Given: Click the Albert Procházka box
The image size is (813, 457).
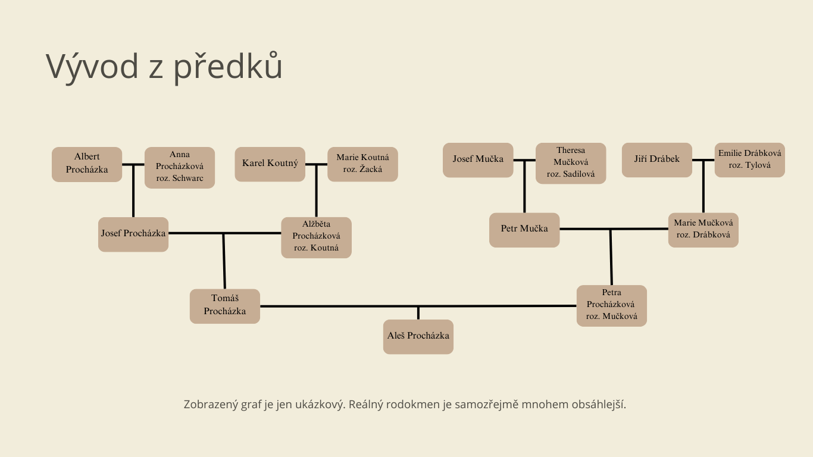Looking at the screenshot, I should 87,164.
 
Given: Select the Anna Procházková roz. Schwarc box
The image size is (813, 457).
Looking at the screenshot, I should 180,167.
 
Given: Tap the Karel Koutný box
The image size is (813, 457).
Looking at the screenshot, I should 270,164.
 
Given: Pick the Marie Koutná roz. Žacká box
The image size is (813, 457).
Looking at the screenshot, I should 362,164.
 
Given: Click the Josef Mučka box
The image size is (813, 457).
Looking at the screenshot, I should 478,160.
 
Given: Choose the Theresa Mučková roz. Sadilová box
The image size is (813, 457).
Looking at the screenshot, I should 571,163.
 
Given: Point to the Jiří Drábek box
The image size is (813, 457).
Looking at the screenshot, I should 657,160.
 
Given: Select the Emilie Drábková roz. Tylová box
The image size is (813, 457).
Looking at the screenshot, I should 750,160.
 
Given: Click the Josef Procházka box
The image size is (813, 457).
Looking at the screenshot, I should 133,234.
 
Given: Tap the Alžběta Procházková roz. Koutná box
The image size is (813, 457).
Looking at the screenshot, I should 316,237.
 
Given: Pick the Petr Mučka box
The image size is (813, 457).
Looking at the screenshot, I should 524,230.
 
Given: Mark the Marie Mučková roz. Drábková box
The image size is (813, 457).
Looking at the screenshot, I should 703,230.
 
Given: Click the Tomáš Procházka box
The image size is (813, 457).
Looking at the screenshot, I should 225,306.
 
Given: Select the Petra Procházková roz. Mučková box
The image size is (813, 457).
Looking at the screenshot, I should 612,306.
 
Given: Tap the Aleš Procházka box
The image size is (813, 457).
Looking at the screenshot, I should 418,337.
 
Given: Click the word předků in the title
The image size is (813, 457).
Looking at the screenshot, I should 228,67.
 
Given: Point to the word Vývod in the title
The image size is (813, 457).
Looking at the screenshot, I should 92,67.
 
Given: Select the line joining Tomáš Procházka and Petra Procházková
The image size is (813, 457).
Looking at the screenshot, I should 333,306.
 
